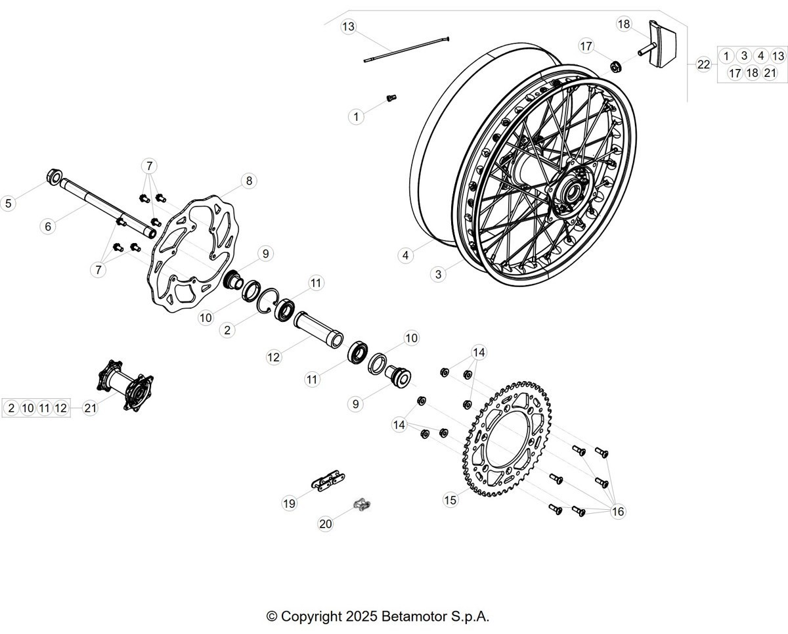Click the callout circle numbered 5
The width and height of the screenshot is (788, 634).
[8, 204]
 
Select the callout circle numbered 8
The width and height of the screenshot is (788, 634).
[249, 181]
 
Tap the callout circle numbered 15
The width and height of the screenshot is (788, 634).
[450, 500]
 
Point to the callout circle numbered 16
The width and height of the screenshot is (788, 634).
[618, 511]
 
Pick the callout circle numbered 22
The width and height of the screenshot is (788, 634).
[703, 64]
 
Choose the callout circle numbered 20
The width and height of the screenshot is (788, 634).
[326, 524]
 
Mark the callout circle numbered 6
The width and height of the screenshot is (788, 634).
[48, 227]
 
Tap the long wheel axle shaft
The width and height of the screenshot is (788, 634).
[108, 208]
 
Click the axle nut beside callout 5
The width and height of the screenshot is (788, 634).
[54, 176]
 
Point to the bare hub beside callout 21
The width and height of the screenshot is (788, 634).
[125, 386]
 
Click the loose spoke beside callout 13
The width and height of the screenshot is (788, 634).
[406, 49]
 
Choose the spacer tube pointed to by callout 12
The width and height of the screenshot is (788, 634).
[318, 329]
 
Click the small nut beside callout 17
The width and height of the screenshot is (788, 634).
[615, 67]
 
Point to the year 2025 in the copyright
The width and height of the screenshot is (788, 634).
[361, 616]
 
